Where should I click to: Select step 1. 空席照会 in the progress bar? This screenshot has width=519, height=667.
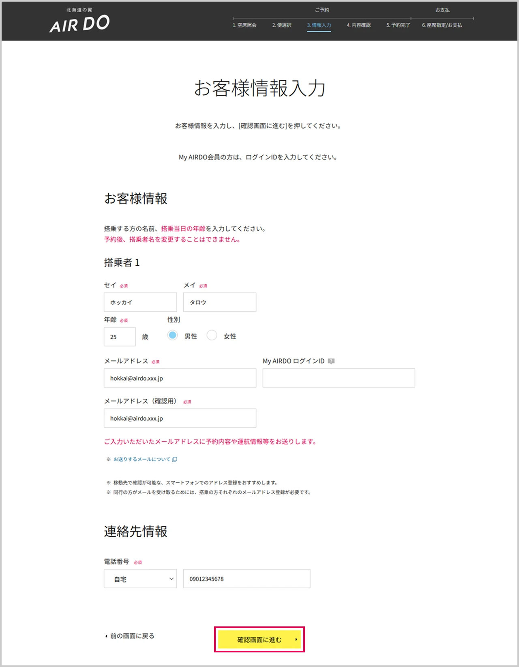(244, 25)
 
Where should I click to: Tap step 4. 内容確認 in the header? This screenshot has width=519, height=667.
(358, 25)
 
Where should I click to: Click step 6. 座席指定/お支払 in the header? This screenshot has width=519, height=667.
(442, 25)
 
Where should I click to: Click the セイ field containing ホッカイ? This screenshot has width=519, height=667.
(140, 302)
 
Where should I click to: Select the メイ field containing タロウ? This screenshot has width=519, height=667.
(219, 302)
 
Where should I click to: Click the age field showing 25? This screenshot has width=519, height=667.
(120, 337)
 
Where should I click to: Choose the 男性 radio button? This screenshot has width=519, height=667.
(172, 336)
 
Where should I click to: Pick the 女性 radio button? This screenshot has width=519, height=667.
(212, 336)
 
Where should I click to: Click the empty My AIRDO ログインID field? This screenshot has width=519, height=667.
(339, 378)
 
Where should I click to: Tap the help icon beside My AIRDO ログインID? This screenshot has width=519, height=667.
(331, 361)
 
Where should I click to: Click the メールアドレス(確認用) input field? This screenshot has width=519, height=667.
(180, 418)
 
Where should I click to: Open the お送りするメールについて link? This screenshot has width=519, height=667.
(142, 459)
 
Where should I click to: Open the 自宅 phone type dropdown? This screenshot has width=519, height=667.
(140, 579)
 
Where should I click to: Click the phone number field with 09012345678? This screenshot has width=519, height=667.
(247, 579)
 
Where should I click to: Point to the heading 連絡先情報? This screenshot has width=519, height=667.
(135, 531)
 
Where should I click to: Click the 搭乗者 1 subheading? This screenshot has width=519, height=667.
(122, 263)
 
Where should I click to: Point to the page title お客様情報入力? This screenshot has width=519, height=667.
(259, 88)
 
